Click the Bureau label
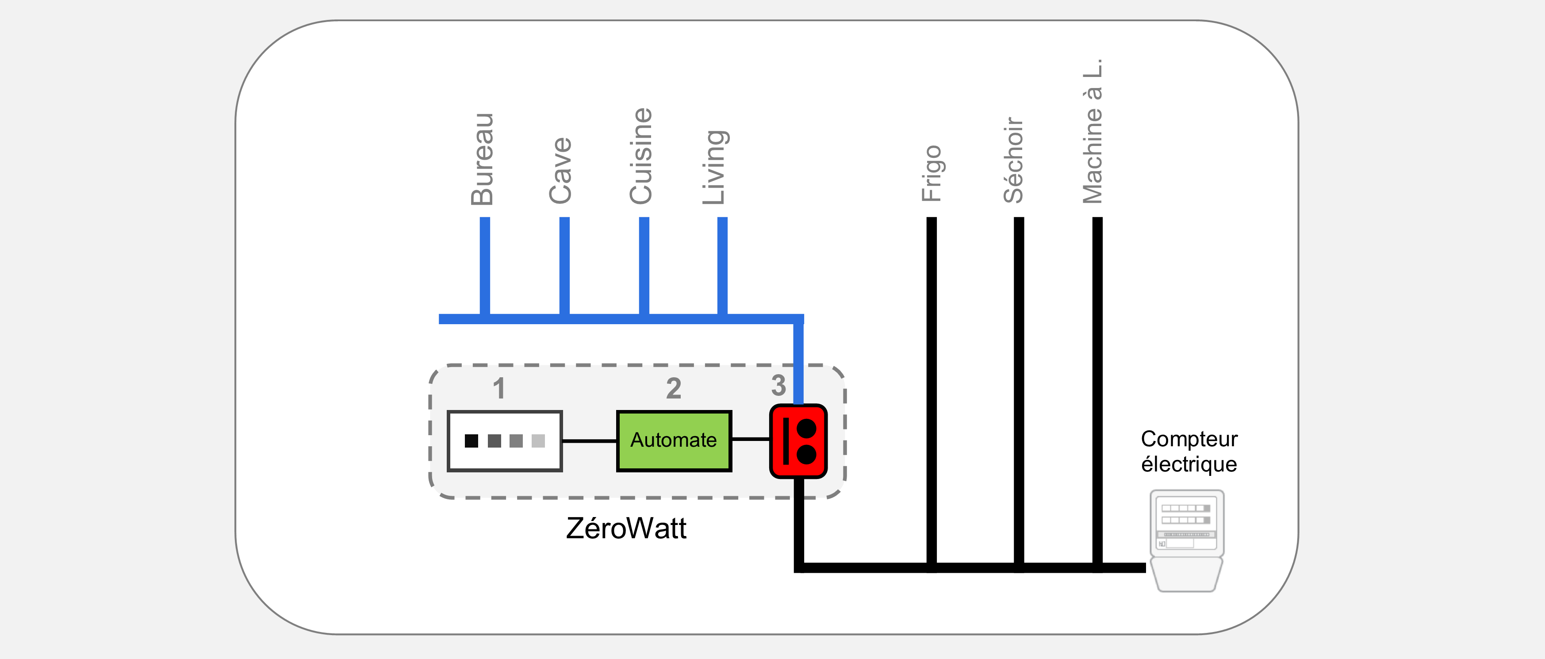click(482, 159)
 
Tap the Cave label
click(561, 170)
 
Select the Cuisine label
click(640, 156)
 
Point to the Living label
click(716, 167)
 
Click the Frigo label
click(932, 173)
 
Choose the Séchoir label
click(1013, 160)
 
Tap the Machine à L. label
click(1092, 131)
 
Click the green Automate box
click(674, 441)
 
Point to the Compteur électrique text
click(1189, 451)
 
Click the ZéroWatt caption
click(626, 528)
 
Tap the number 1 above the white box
click(499, 389)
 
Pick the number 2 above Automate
click(674, 389)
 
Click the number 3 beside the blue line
click(778, 386)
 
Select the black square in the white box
click(472, 441)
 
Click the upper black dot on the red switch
click(807, 429)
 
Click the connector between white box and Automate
click(590, 441)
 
